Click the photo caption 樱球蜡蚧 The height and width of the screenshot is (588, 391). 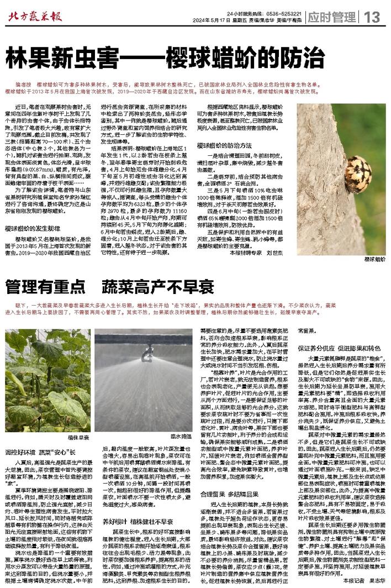pos(375,259)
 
